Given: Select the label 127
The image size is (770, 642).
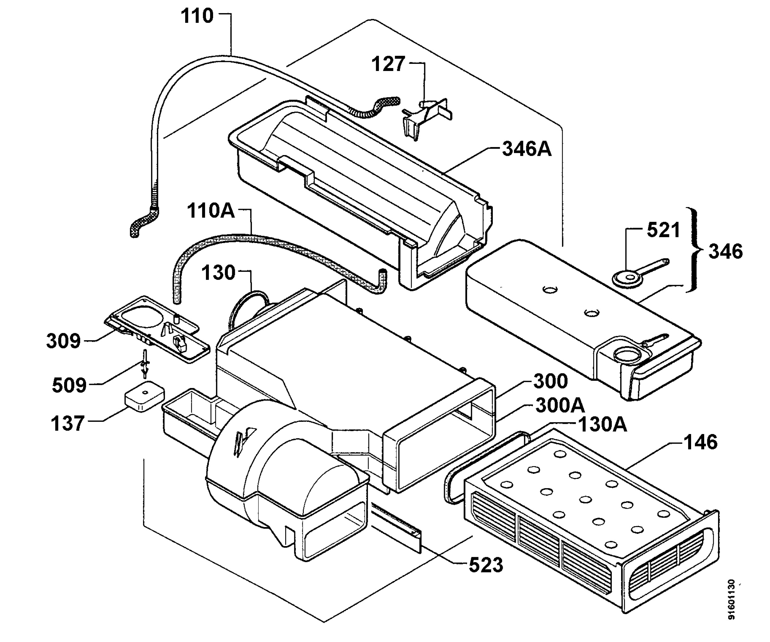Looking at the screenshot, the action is [x=388, y=64].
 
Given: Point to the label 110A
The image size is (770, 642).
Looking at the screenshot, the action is [x=211, y=211].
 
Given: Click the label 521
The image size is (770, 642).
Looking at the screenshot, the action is [x=663, y=230].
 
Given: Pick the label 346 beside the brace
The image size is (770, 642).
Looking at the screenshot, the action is [x=726, y=251].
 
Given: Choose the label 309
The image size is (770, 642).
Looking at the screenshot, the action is [x=64, y=341].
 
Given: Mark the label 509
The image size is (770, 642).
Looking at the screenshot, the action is [x=69, y=385].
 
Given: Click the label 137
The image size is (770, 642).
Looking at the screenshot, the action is [x=68, y=423].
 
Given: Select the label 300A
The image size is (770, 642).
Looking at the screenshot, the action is [x=560, y=405].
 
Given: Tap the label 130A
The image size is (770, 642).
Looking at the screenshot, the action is [x=603, y=424].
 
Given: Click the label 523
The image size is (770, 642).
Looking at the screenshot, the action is [x=486, y=565].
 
